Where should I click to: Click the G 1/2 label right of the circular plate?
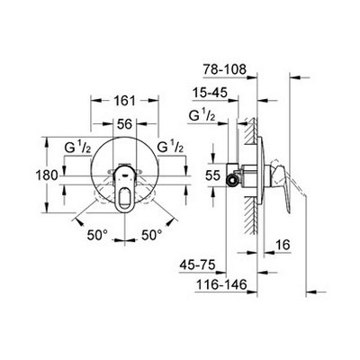(170, 146)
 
